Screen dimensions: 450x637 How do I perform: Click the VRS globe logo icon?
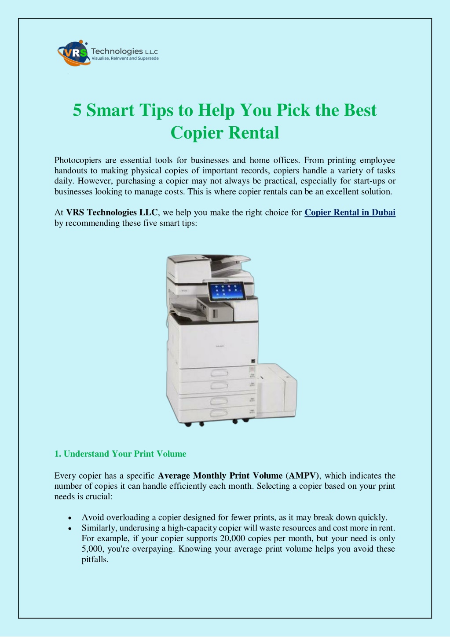click(x=73, y=53)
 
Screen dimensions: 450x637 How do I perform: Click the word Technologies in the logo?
click(x=117, y=51)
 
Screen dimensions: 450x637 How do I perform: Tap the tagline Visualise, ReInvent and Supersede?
click(x=125, y=59)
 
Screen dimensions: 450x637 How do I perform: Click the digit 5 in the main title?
click(x=77, y=110)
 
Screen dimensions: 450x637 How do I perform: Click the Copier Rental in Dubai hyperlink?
click(x=350, y=212)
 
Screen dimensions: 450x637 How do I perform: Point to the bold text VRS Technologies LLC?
click(x=112, y=212)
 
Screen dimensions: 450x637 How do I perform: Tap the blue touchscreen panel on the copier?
click(x=226, y=291)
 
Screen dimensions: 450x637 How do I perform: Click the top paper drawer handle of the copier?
click(x=219, y=373)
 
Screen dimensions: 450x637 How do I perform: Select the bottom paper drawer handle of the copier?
click(x=219, y=413)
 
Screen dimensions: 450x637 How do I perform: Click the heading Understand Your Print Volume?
click(x=125, y=454)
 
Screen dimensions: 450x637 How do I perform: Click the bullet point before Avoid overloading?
click(x=70, y=518)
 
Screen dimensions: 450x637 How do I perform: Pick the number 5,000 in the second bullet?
click(x=92, y=549)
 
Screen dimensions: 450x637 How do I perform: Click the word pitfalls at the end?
click(x=95, y=560)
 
